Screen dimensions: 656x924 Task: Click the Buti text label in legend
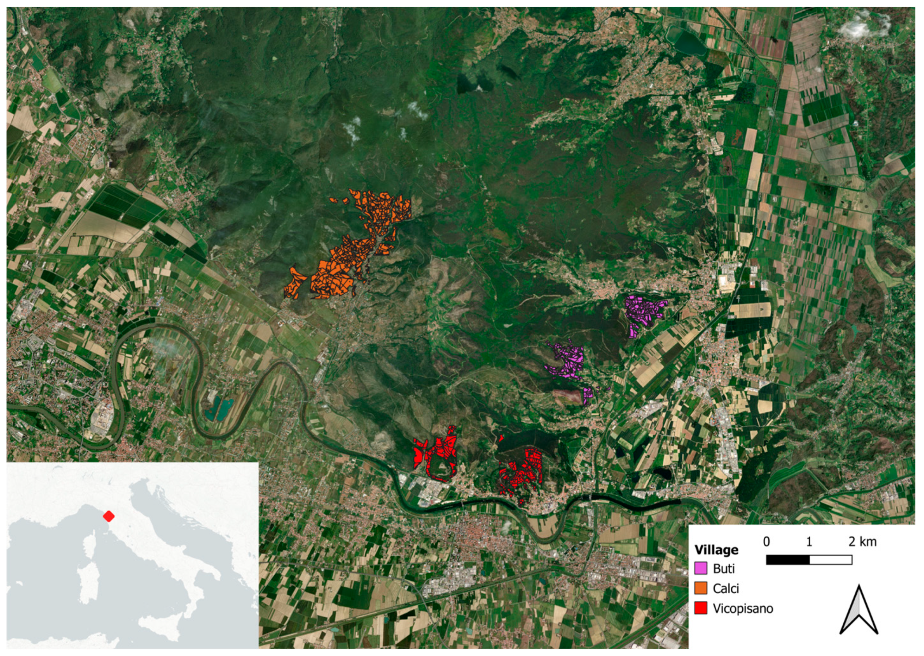pos(724,569)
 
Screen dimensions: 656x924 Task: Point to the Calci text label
pos(726,588)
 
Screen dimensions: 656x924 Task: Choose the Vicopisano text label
pos(743,608)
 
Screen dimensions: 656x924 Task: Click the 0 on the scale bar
pos(767,542)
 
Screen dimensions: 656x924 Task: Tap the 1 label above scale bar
pos(809,542)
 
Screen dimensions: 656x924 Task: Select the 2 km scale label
pos(862,542)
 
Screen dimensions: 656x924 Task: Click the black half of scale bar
pos(787,560)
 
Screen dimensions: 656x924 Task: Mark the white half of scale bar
pos(831,560)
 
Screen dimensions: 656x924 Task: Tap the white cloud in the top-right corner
pos(864,25)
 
